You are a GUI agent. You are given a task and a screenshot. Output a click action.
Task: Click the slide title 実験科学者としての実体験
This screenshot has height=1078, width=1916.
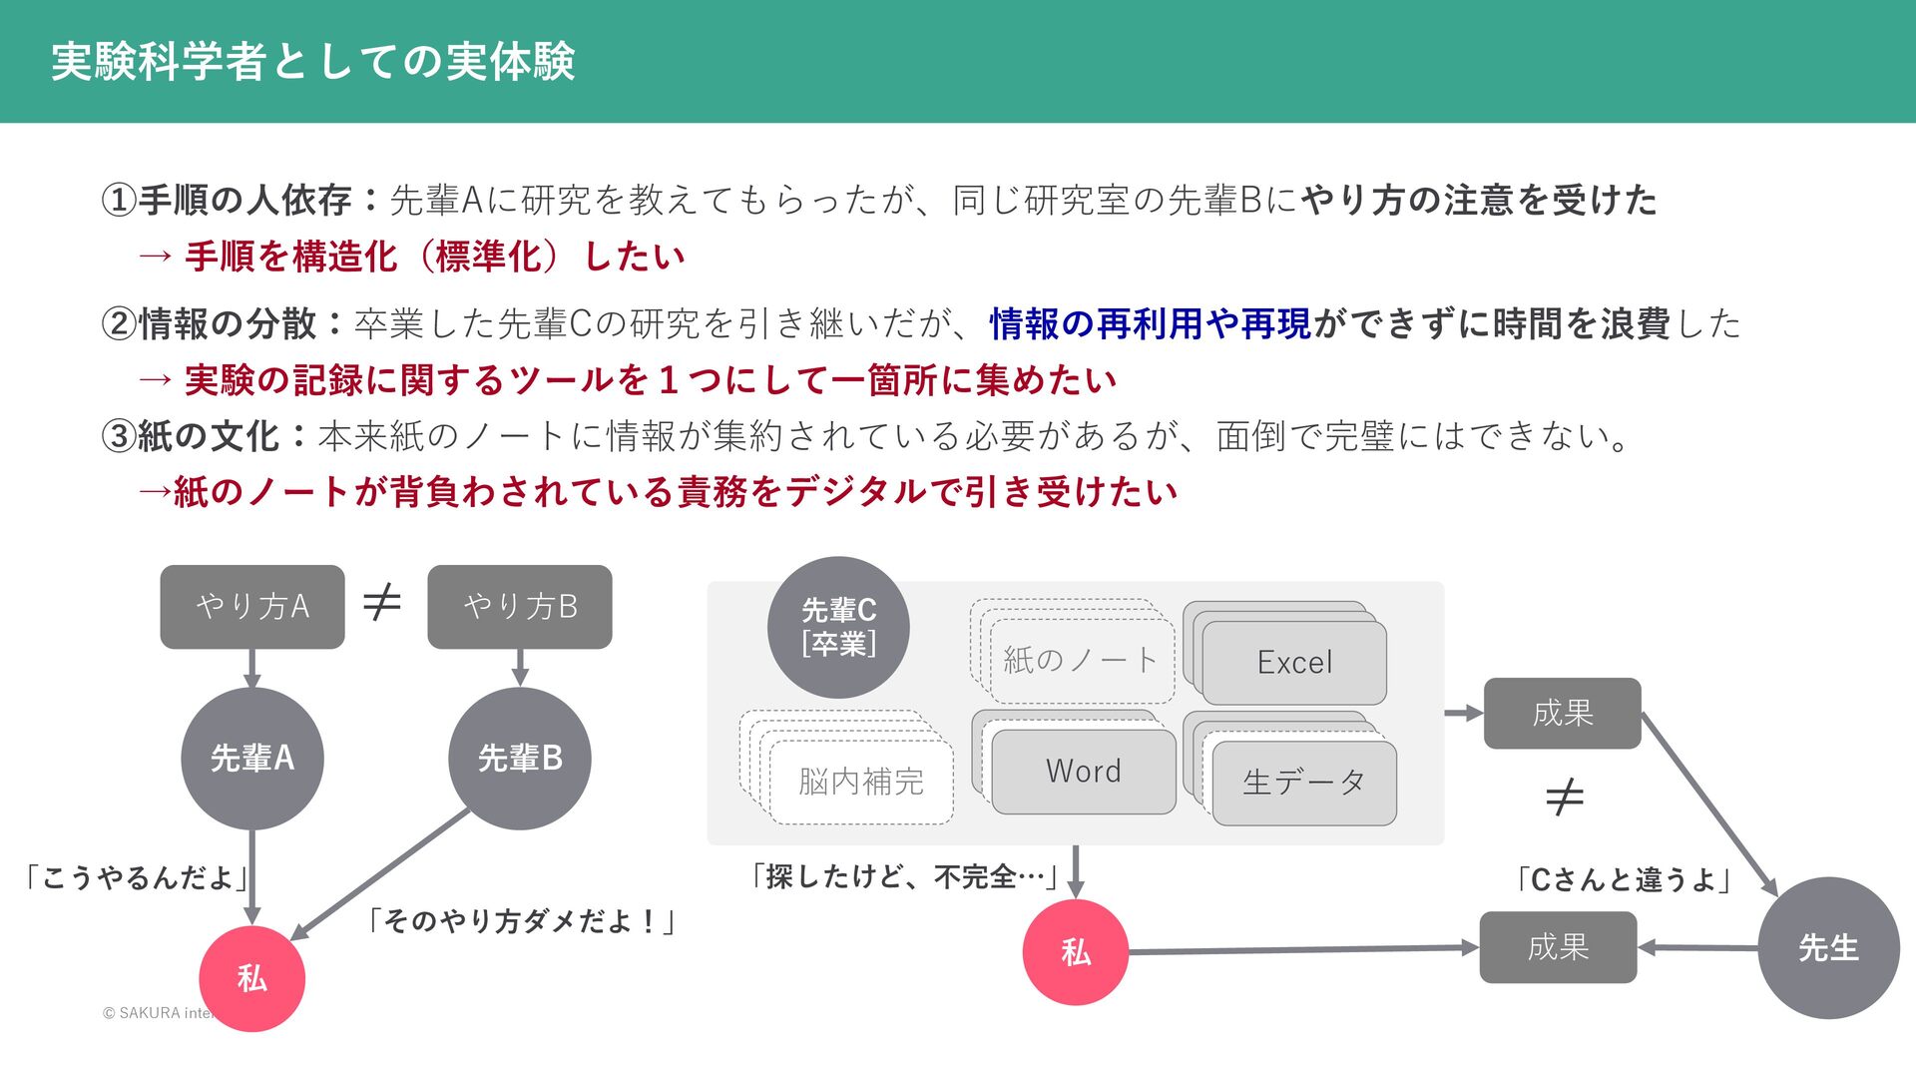(x=312, y=62)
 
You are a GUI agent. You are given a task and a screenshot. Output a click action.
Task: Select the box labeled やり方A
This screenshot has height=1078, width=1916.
(x=252, y=607)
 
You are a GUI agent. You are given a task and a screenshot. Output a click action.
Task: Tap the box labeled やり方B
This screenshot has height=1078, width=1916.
(x=520, y=607)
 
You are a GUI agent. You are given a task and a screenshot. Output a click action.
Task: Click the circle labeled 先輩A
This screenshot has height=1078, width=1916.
(x=252, y=759)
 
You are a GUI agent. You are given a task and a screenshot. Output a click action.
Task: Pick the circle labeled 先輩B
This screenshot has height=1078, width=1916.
(x=520, y=759)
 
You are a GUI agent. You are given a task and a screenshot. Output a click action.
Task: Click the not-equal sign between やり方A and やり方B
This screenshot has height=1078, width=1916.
(x=382, y=602)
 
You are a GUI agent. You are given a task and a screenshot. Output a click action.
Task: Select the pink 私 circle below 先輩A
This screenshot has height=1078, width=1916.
(x=252, y=978)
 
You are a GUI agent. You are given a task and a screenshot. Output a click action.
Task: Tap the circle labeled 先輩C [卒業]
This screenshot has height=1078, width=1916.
(x=838, y=627)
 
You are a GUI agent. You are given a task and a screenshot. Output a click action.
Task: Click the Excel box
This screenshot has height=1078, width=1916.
(x=1294, y=663)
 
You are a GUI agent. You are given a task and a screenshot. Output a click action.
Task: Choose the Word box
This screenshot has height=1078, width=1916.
(x=1084, y=772)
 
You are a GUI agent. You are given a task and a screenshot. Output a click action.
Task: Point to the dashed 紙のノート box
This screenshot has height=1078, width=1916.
(x=1081, y=660)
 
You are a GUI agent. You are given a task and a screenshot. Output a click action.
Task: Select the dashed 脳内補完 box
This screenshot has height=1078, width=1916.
(x=860, y=782)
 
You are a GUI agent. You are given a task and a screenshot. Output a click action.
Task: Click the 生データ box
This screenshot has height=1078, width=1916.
(x=1303, y=783)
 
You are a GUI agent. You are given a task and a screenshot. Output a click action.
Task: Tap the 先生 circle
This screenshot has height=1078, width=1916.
(x=1828, y=948)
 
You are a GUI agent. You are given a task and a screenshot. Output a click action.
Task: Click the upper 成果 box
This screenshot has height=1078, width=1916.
(x=1562, y=714)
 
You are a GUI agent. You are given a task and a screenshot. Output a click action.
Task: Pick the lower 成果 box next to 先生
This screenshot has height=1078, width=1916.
(x=1558, y=947)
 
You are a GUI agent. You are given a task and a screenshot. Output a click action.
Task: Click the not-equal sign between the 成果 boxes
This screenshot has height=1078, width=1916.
(x=1564, y=797)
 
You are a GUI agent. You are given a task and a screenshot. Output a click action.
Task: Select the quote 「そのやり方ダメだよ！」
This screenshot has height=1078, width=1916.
(x=520, y=920)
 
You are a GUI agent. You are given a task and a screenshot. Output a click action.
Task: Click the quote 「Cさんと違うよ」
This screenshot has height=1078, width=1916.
(x=1623, y=879)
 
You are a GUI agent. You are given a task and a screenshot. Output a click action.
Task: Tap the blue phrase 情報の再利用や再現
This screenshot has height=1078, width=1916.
(x=1151, y=323)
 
